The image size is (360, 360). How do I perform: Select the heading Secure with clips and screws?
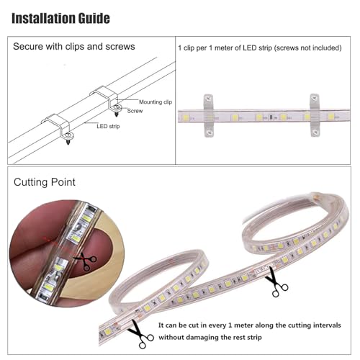[x=74, y=47]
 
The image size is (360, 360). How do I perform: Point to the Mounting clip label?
[x=156, y=102]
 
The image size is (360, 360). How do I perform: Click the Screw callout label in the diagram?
[x=135, y=111]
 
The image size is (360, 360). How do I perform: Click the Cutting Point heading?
[x=45, y=182]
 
